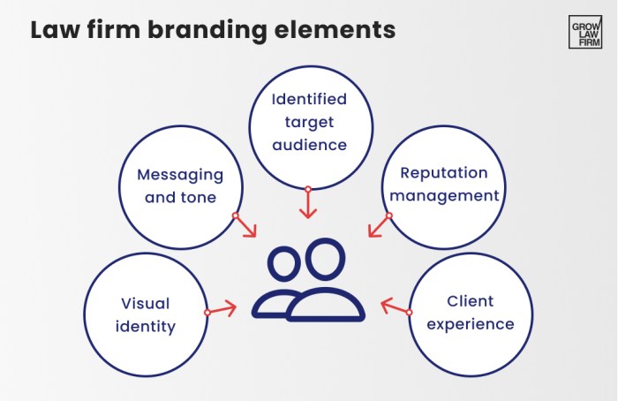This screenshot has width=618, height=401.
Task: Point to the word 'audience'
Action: (308, 142)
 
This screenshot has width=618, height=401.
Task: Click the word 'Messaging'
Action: (180, 176)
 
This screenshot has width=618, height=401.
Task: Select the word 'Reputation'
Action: (445, 172)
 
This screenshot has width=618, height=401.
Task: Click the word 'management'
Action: (445, 194)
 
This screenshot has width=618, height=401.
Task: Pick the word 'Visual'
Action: (146, 304)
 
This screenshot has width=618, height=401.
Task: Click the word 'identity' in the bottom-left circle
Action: (146, 327)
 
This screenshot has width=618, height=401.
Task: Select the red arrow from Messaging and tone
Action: (245, 226)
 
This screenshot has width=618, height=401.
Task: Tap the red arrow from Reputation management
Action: (378, 225)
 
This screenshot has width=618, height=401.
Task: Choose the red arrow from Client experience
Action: (395, 307)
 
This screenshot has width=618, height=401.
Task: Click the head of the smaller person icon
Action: (284, 264)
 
